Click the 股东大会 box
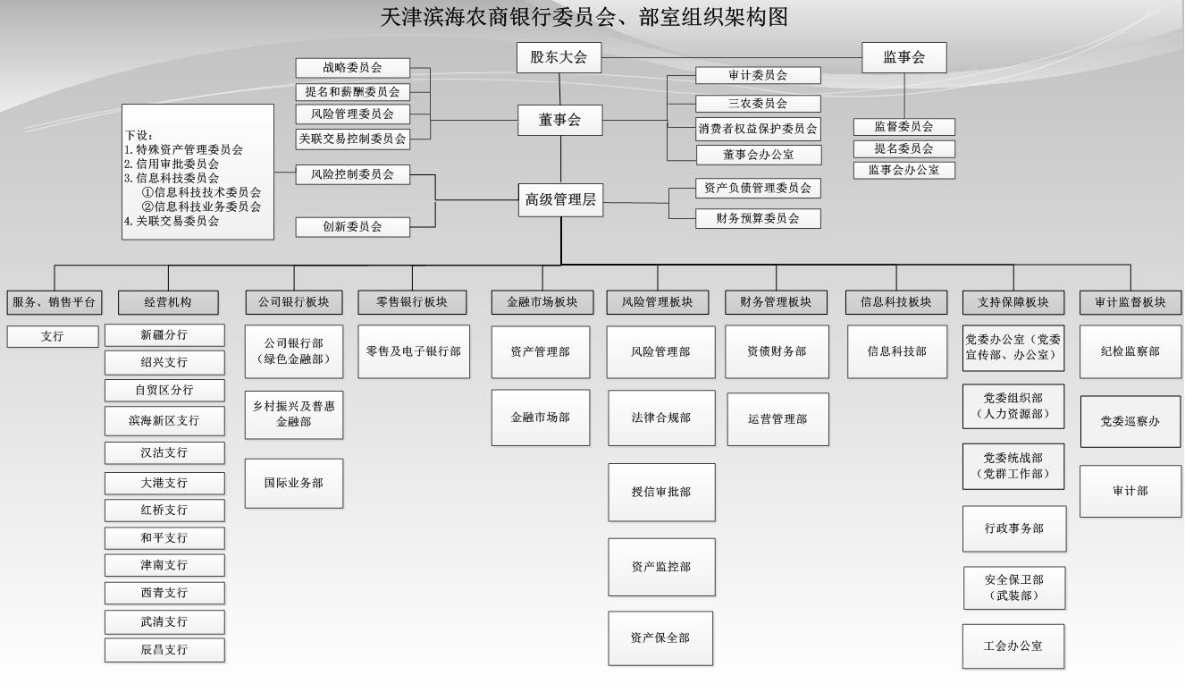click(559, 58)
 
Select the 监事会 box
click(903, 58)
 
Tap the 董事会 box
click(559, 120)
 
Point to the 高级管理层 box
click(560, 200)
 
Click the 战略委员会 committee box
click(352, 68)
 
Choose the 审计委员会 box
click(758, 76)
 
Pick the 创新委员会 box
click(352, 227)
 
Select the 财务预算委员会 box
click(758, 217)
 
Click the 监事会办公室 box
click(903, 170)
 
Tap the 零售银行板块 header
click(412, 302)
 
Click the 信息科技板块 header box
click(896, 302)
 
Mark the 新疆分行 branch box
click(164, 335)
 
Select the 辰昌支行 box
click(164, 650)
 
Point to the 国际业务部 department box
click(293, 483)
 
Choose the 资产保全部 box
click(660, 637)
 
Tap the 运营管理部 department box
click(777, 418)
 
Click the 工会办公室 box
click(1013, 646)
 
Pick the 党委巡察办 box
click(1130, 419)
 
